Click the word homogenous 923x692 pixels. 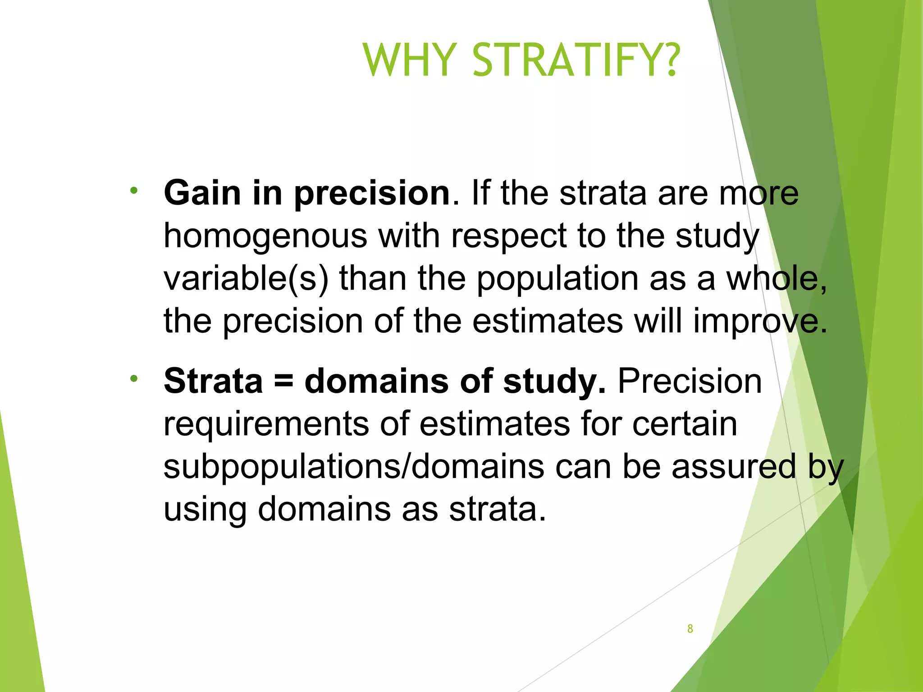click(x=265, y=236)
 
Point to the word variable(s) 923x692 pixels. click(x=246, y=279)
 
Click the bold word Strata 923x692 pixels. click(x=213, y=381)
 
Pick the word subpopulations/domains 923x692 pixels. click(x=353, y=467)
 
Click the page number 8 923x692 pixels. click(x=690, y=629)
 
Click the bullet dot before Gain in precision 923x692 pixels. click(x=133, y=191)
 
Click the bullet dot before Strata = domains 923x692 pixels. click(x=133, y=378)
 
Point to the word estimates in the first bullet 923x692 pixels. click(x=548, y=322)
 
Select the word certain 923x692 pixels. click(x=685, y=424)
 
